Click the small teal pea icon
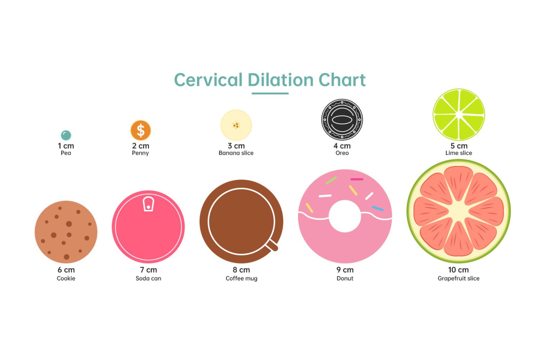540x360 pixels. coord(66,135)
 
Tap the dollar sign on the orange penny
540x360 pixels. coord(141,130)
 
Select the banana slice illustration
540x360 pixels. coord(236,125)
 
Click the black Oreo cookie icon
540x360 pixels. coord(342,120)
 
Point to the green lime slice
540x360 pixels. coord(459,114)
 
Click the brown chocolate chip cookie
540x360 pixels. coord(66,232)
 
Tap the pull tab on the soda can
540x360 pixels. coord(148,204)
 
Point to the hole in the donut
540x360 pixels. coord(345,216)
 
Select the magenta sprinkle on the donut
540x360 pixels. coord(357,179)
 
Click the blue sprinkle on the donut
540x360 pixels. coord(378,208)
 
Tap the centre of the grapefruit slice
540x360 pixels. coord(459,211)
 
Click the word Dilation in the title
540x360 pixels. coord(280,80)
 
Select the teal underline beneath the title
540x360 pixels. coord(270,93)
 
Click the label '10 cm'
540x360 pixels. coord(459,270)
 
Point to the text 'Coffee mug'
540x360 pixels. coord(242,279)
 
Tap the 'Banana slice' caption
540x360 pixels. coord(236,153)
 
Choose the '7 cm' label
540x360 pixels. coord(148,270)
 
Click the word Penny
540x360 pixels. coord(140,153)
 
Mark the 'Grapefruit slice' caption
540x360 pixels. coord(459,279)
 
